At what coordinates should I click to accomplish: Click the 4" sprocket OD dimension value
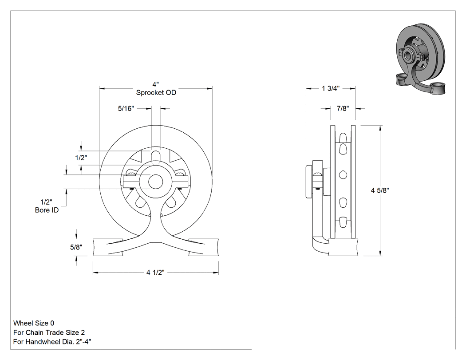pyautogui.click(x=156, y=85)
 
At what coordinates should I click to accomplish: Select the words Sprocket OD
pyautogui.click(x=156, y=92)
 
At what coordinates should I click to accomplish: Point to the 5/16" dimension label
pyautogui.click(x=126, y=108)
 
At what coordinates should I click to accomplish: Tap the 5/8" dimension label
pyautogui.click(x=76, y=247)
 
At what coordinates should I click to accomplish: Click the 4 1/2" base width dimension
pyautogui.click(x=155, y=272)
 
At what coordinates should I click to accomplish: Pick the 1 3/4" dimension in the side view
pyautogui.click(x=331, y=88)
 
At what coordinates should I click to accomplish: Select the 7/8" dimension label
pyautogui.click(x=343, y=108)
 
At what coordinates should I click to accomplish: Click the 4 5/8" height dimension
pyautogui.click(x=380, y=190)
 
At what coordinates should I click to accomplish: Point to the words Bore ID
pyautogui.click(x=47, y=210)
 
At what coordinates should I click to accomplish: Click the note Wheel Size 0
pyautogui.click(x=34, y=323)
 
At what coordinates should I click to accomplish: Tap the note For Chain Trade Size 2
pyautogui.click(x=49, y=332)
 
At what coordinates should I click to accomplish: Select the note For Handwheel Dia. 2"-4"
pyautogui.click(x=52, y=341)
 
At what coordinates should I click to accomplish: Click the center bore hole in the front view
pyautogui.click(x=155, y=182)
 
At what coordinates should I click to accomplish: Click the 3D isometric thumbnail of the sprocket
pyautogui.click(x=422, y=59)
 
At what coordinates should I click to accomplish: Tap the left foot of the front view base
pyautogui.click(x=108, y=247)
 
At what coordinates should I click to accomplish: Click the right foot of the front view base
pyautogui.click(x=204, y=247)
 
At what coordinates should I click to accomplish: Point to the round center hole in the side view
pyautogui.click(x=343, y=175)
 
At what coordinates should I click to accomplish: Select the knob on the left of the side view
pyautogui.click(x=309, y=180)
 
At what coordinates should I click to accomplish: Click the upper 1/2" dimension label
pyautogui.click(x=81, y=158)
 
